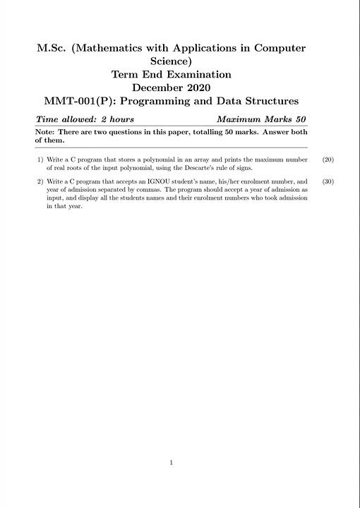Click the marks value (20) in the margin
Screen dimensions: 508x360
click(x=328, y=159)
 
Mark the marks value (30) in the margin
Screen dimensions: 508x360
click(x=328, y=181)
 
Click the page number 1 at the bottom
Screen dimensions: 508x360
click(x=172, y=463)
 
